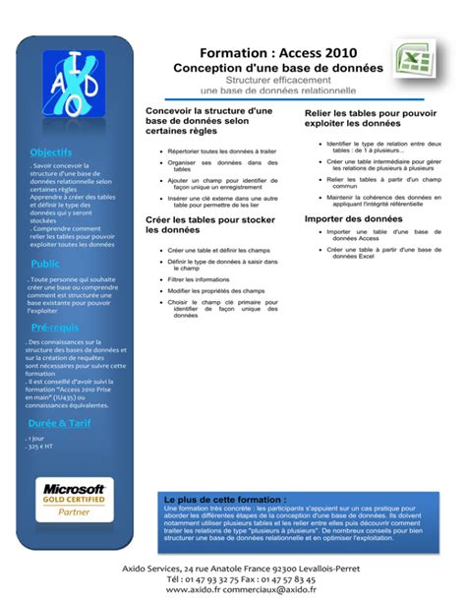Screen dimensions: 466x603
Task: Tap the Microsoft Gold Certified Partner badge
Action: [x=73, y=498]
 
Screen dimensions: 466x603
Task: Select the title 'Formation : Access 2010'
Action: [x=278, y=51]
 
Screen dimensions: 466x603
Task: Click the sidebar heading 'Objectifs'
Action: [x=51, y=152]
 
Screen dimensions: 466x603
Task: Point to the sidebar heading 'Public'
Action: [x=45, y=264]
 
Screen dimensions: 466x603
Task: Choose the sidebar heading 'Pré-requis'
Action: [x=55, y=327]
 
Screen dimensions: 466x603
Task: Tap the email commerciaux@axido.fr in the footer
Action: [x=282, y=590]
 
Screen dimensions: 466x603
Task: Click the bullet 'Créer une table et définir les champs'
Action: [x=218, y=250]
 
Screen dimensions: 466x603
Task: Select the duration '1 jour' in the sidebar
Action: [x=37, y=438]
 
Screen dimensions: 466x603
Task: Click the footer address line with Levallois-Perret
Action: [x=232, y=569]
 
